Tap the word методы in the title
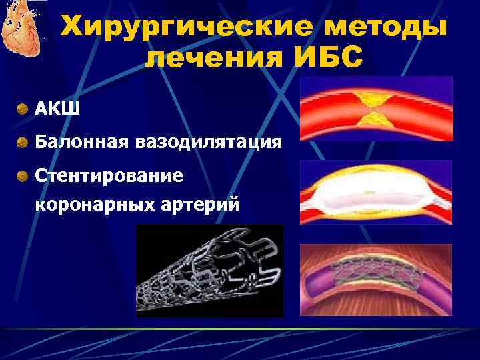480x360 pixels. coord(377,28)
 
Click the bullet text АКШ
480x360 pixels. coord(58,107)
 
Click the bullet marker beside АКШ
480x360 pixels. coord(23,107)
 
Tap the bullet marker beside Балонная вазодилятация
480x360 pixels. coord(23,142)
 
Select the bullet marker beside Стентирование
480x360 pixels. coord(23,176)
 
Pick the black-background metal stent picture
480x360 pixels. coord(209,270)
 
